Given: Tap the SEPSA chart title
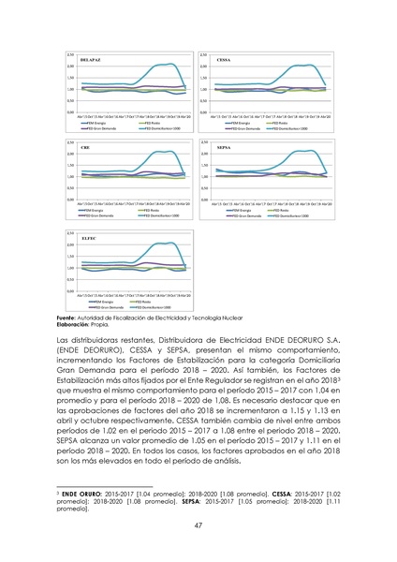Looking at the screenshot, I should coord(224,148).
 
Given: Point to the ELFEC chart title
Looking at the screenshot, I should coord(89,238).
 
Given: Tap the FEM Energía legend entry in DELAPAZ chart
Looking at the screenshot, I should coord(100,122).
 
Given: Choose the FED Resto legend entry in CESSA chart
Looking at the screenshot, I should coord(287,122).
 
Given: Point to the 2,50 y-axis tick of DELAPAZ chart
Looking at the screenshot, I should coord(70,54).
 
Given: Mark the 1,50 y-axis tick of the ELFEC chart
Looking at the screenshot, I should coord(70,257).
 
